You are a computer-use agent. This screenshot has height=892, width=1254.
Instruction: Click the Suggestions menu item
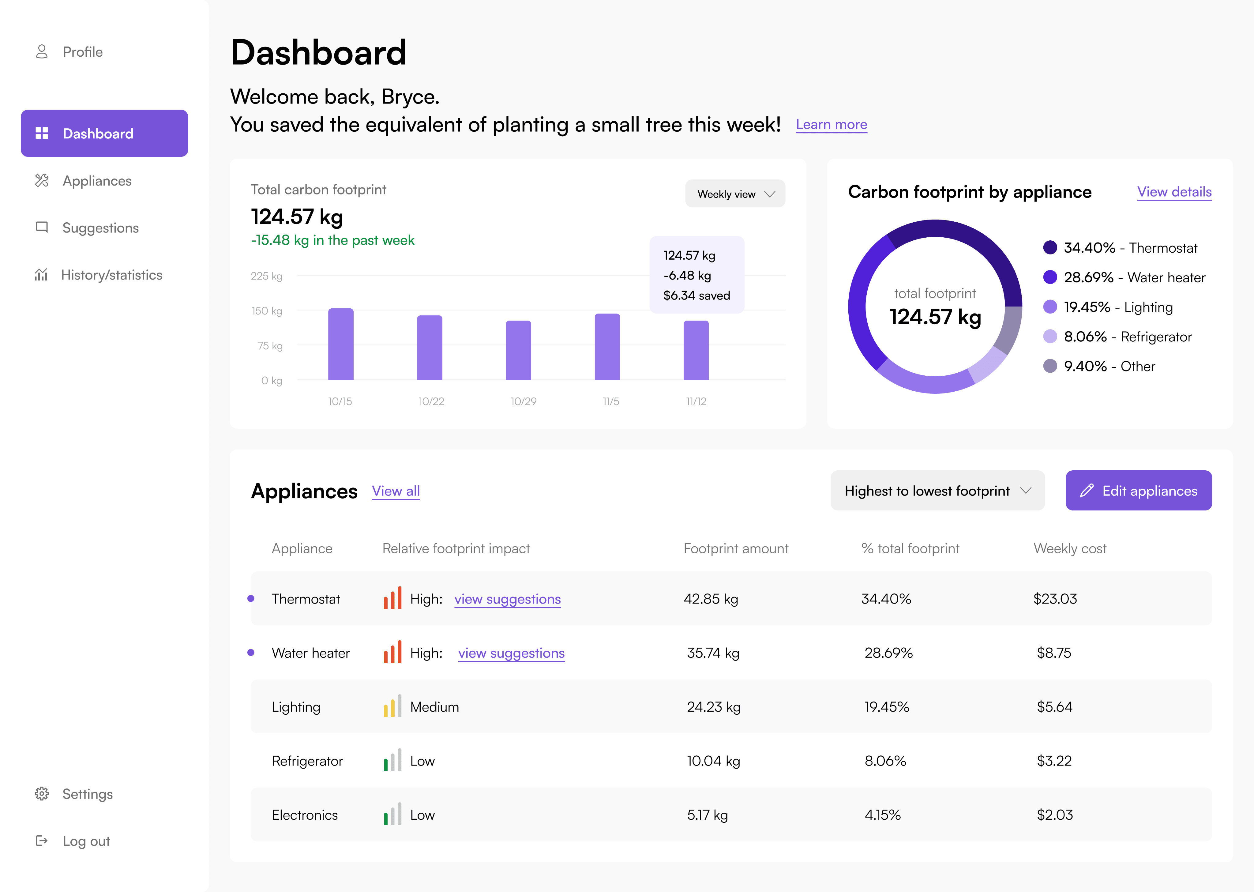coord(87,228)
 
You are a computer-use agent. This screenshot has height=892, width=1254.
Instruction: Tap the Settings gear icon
coord(42,794)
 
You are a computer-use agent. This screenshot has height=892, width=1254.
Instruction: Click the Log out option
coord(73,841)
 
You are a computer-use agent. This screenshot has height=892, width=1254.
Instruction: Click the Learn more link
coord(831,125)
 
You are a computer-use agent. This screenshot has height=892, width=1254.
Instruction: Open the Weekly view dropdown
coord(735,194)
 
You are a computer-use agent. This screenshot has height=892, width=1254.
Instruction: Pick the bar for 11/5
coord(607,347)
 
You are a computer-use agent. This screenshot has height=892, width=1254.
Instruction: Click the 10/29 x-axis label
coord(523,401)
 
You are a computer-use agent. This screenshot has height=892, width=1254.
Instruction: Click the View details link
coord(1174,192)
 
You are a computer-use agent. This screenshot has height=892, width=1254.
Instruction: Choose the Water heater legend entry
coord(1124,277)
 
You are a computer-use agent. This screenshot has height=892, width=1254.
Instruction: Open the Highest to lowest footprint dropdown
coord(937,491)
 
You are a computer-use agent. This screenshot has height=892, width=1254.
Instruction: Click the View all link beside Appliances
coord(396,491)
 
